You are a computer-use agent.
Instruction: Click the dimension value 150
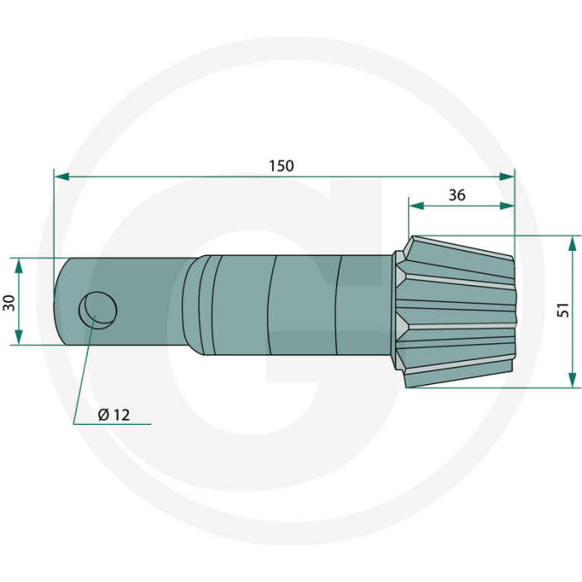[281, 165]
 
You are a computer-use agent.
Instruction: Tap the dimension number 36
[456, 195]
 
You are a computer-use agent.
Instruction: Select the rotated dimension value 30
[9, 301]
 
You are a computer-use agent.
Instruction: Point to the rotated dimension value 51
[563, 310]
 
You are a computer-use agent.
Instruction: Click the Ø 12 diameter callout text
[114, 415]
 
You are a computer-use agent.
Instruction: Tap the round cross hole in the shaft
[97, 309]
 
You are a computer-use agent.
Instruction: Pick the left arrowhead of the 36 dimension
[415, 205]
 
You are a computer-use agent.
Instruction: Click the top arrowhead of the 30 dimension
[17, 264]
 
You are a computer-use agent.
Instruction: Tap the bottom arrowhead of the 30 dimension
[17, 338]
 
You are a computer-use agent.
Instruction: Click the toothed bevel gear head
[457, 312]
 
